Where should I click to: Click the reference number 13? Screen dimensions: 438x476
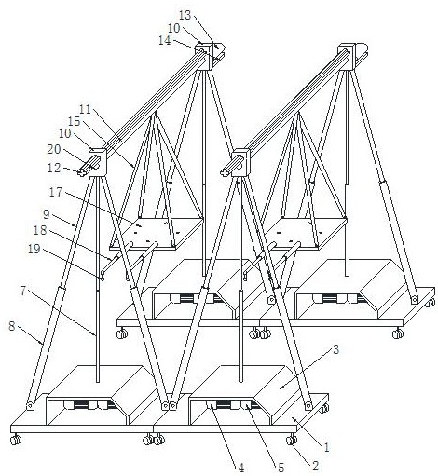[x=185, y=15]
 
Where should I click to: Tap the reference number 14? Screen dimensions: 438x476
[x=165, y=41]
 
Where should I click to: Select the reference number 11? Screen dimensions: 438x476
[x=85, y=109]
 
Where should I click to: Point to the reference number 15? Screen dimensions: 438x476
[x=75, y=121]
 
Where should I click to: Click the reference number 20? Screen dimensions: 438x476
[x=54, y=149]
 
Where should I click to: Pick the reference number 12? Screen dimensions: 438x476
[x=54, y=168]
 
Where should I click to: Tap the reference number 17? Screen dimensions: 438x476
[x=56, y=192]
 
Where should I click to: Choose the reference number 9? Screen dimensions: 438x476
[x=47, y=214]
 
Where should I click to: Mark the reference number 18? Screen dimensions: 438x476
[x=40, y=230]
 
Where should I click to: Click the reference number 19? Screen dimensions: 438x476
[x=34, y=249]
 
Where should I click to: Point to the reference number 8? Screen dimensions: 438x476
[x=12, y=326]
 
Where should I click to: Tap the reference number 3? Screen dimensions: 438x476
[x=335, y=350]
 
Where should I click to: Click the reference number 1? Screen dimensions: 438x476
[x=326, y=447]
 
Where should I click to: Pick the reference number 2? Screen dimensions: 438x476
[x=315, y=466]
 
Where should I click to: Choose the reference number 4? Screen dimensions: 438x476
[x=240, y=468]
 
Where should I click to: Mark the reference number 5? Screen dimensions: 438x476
[x=281, y=468]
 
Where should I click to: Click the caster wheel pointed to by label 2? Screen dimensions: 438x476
[x=291, y=441]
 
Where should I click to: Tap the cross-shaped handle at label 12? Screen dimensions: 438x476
[x=82, y=172]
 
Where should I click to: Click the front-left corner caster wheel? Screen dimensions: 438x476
[x=15, y=441]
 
